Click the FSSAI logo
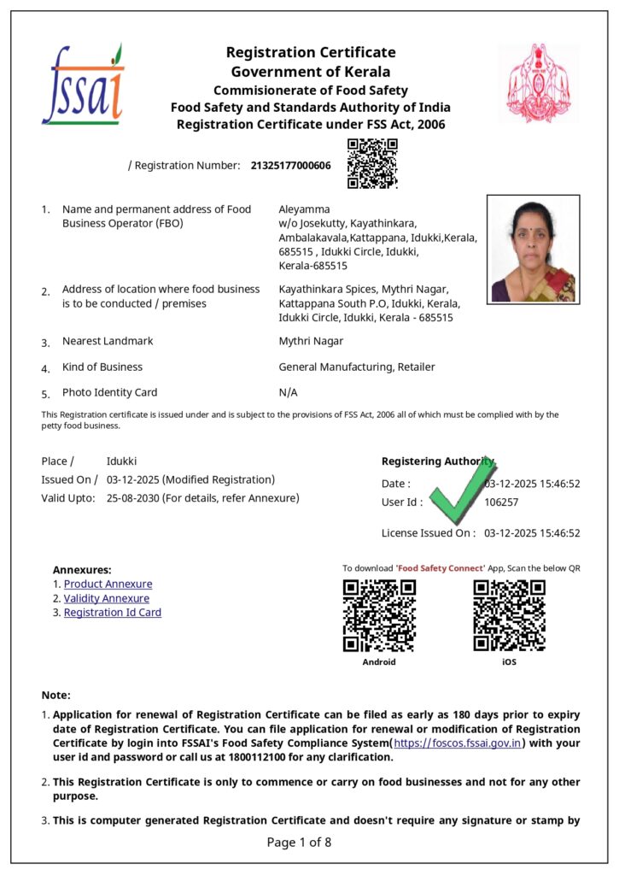[83, 85]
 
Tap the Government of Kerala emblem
[538, 83]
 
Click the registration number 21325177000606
[290, 165]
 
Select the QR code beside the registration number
[372, 163]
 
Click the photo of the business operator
[533, 249]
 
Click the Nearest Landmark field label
[108, 341]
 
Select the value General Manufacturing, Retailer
[357, 367]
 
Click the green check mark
[462, 490]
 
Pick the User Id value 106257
[501, 502]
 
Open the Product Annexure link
[108, 584]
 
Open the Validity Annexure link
[107, 599]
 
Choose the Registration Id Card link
[113, 613]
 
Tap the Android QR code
[379, 615]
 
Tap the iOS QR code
[509, 615]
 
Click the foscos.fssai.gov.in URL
[458, 743]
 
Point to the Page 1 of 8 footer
[299, 843]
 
